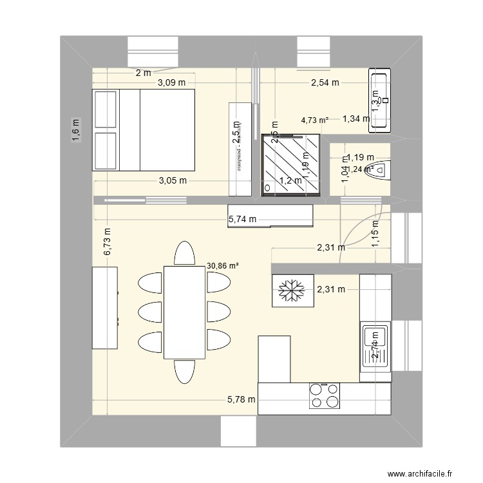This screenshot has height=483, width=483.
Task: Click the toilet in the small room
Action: [x=380, y=170]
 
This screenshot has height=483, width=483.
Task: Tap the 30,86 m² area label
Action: [x=223, y=264]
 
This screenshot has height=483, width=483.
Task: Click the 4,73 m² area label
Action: [x=315, y=120]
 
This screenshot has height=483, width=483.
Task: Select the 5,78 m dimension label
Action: [x=241, y=400]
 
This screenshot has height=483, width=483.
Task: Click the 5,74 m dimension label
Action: [x=242, y=220]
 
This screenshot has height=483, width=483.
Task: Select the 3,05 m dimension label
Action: [x=173, y=181]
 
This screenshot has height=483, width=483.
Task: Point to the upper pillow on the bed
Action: [x=106, y=109]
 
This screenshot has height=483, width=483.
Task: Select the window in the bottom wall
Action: [x=239, y=430]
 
